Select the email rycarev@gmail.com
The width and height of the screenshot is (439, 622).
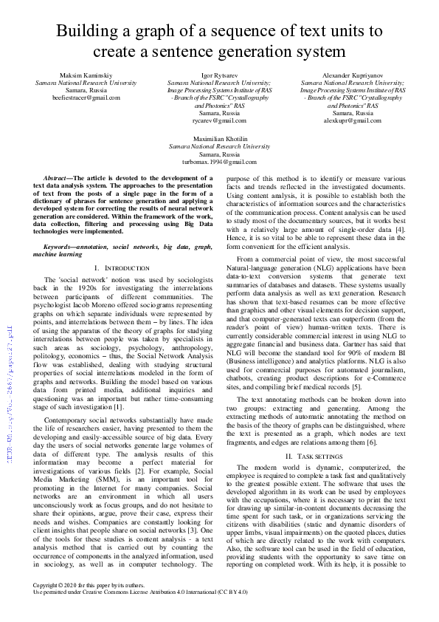click(x=219, y=120)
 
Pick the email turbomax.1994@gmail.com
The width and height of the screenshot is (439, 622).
click(x=219, y=161)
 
